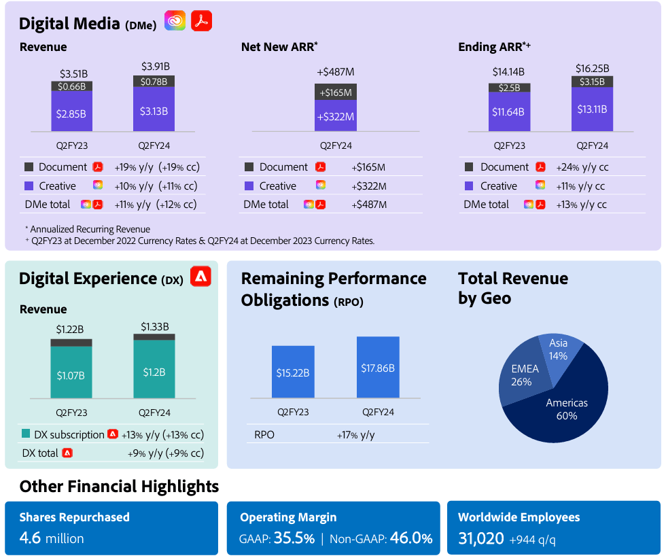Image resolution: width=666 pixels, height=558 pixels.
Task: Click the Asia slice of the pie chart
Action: pyautogui.click(x=560, y=349)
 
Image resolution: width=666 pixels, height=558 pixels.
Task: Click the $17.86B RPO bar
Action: pyautogui.click(x=378, y=367)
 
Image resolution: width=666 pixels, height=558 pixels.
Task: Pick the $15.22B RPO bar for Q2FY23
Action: pyautogui.click(x=293, y=372)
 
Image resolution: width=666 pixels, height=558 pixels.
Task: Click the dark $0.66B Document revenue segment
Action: pyautogui.click(x=71, y=86)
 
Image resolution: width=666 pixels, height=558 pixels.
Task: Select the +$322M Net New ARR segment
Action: pyautogui.click(x=336, y=116)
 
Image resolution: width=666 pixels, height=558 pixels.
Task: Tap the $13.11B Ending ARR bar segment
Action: pyautogui.click(x=592, y=109)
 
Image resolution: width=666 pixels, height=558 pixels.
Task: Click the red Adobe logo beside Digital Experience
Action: pyautogui.click(x=200, y=277)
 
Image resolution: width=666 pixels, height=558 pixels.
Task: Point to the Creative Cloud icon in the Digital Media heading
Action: pyautogui.click(x=175, y=22)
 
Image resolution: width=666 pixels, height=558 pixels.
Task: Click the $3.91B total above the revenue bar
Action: pyautogui.click(x=155, y=67)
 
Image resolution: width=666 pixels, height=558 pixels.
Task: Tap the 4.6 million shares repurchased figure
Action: pyautogui.click(x=52, y=538)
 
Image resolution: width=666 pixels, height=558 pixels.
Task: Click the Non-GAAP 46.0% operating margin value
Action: pyautogui.click(x=410, y=538)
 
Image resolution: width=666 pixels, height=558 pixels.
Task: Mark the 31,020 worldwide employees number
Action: pyautogui.click(x=480, y=538)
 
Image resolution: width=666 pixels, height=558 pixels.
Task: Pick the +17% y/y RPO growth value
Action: pyautogui.click(x=355, y=435)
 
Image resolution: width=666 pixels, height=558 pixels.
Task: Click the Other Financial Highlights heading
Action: pyautogui.click(x=119, y=486)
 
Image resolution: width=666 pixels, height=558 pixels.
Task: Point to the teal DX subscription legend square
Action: pyautogui.click(x=26, y=434)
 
